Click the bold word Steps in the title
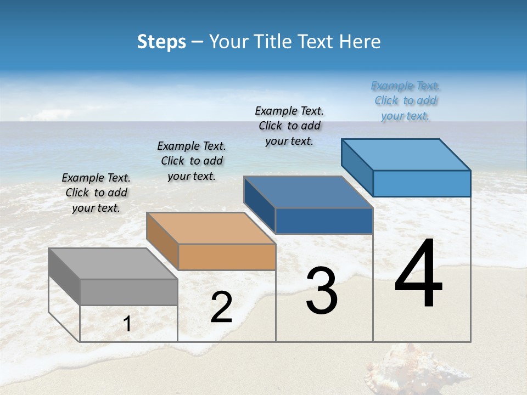(161, 42)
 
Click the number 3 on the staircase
(322, 290)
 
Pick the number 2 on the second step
(221, 307)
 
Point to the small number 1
(127, 324)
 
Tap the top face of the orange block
(211, 228)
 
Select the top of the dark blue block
(308, 192)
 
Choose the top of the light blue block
(406, 155)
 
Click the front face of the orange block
(227, 257)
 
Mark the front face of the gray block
(129, 292)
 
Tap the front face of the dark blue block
(324, 221)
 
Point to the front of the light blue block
(422, 183)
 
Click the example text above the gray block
(96, 193)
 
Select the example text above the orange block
(192, 161)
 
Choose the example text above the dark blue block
(289, 126)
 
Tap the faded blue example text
(405, 101)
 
